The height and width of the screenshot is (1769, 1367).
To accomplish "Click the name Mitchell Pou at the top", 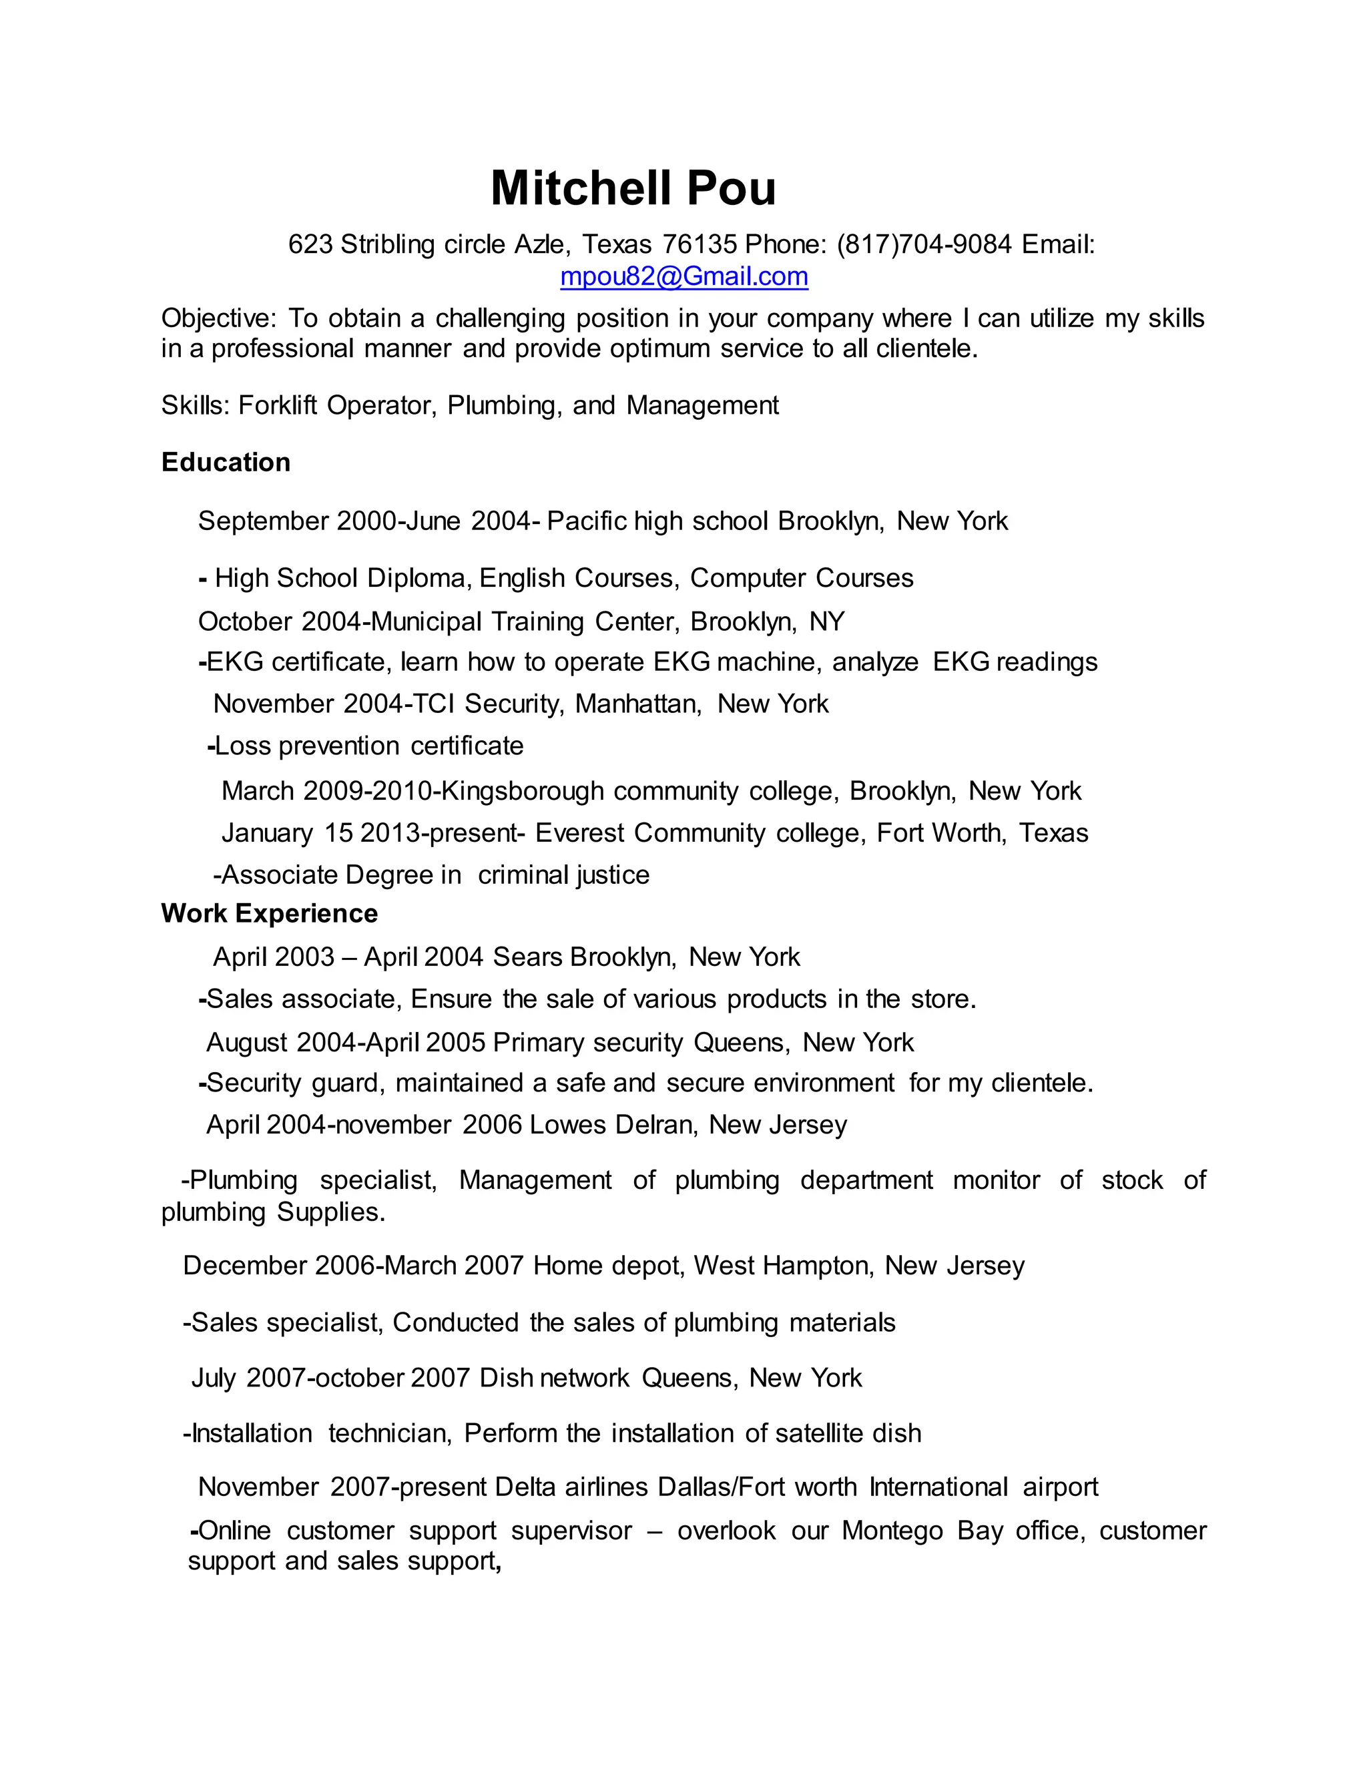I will (x=633, y=188).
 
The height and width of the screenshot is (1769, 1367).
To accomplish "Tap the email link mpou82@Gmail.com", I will (x=683, y=277).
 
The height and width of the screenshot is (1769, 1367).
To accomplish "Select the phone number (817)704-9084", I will (x=924, y=244).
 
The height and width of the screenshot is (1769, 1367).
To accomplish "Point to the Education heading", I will (x=226, y=463).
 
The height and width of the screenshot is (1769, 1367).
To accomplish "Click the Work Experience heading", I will (x=270, y=914).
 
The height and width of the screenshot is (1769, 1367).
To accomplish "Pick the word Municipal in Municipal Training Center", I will (x=426, y=621).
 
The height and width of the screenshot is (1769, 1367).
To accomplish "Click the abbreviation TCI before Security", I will (x=433, y=704).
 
